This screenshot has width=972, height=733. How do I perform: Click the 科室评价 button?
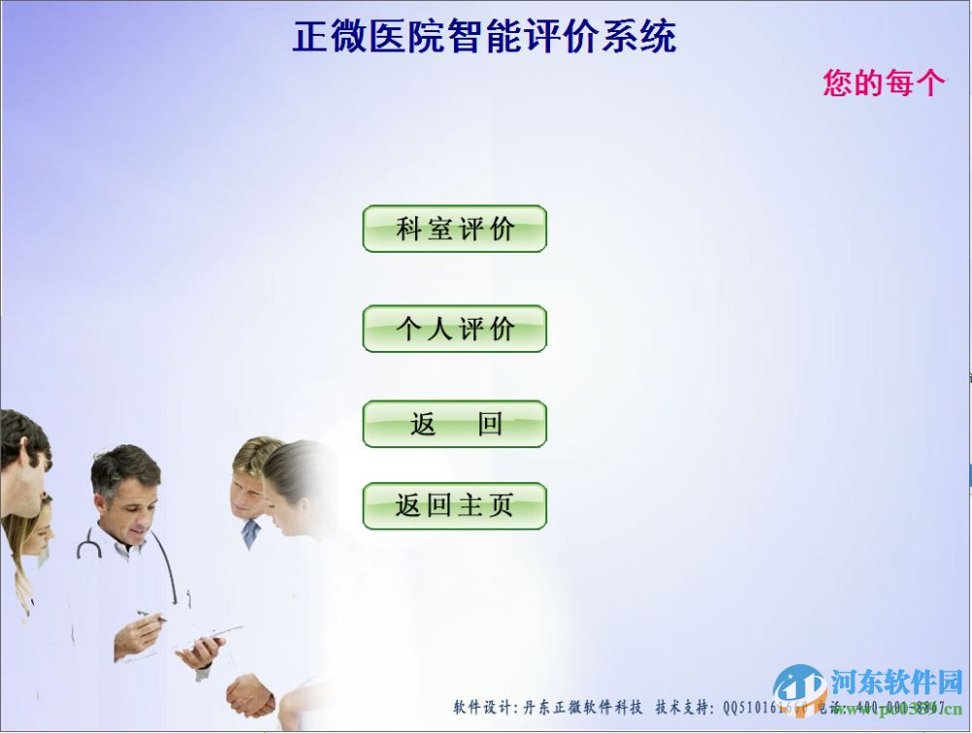coord(454,229)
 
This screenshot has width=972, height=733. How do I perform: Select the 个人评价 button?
coord(454,330)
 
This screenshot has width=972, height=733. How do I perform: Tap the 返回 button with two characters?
coord(454,425)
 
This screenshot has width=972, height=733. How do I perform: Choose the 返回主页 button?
coord(454,506)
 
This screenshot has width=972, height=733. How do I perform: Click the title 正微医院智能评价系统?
coord(484,37)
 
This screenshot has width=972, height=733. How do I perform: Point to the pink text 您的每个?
coord(884,83)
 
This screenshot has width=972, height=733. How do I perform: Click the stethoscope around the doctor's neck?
coord(89,544)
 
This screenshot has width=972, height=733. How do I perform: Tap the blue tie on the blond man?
coord(251,532)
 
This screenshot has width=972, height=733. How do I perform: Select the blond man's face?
coord(247,492)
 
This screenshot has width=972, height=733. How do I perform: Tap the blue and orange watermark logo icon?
coord(799,685)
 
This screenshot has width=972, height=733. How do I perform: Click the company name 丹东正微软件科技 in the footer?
coord(583,707)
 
